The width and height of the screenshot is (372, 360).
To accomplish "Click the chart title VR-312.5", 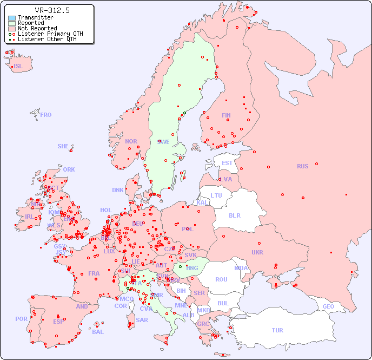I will point(52,10).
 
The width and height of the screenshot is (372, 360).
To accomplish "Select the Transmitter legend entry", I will point(35,17).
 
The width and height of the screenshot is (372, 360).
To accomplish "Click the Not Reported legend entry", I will point(37,28).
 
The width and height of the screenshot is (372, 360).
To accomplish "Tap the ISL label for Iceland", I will point(18,67).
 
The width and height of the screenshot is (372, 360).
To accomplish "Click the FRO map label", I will point(46,115).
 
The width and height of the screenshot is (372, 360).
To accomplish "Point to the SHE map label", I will point(63,146).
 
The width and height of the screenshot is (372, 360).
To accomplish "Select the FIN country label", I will point(226,115).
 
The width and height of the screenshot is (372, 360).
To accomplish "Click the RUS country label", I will point(302,166).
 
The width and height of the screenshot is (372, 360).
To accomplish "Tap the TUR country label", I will point(277,330).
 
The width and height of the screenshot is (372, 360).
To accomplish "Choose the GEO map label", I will point(328,306).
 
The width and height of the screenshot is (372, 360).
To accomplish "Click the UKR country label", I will point(257,252).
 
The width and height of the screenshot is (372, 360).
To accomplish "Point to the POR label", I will point(21,319).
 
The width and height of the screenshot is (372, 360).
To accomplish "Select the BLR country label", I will point(234,215).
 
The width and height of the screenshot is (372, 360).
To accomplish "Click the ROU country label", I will point(221,279).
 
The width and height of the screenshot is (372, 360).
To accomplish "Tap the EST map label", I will point(227,163).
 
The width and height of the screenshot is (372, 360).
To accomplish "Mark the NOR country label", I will point(131,141).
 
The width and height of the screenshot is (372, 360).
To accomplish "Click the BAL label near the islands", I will point(97,332).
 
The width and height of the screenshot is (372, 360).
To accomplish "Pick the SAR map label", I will point(142,320).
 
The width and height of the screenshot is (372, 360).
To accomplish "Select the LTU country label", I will point(216,195).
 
